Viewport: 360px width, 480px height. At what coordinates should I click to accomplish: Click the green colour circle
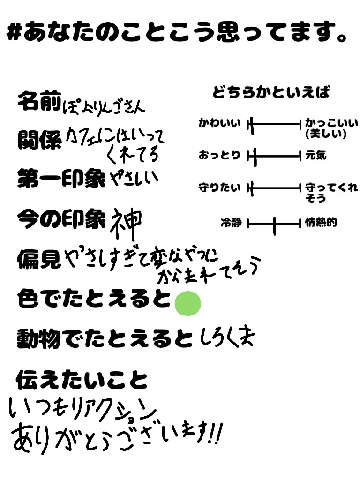click(187, 303)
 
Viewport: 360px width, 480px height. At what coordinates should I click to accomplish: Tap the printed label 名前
click(39, 101)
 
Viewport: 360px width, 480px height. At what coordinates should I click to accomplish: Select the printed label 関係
click(39, 139)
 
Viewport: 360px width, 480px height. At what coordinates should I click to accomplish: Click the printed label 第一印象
click(61, 178)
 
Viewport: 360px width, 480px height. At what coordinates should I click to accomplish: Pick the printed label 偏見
click(39, 258)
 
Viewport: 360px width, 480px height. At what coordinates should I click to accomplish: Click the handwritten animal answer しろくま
click(226, 338)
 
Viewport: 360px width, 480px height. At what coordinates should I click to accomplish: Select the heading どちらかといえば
click(271, 92)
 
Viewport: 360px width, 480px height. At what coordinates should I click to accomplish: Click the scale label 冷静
click(231, 223)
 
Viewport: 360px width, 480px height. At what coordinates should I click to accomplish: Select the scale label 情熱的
click(321, 223)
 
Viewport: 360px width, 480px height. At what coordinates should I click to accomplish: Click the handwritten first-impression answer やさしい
click(135, 178)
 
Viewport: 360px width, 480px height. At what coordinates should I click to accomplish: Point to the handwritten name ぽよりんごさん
click(104, 105)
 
